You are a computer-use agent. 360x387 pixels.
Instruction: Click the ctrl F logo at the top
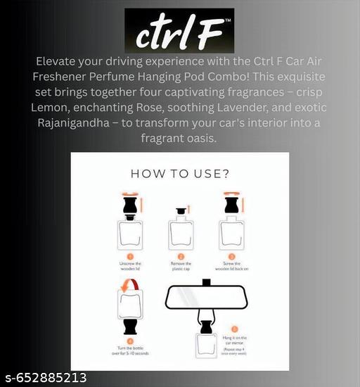coord(179,31)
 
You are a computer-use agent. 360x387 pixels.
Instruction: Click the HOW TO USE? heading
coord(180,173)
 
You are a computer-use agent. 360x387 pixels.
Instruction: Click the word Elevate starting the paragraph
coord(59,61)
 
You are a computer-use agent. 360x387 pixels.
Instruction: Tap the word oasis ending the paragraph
coord(210,139)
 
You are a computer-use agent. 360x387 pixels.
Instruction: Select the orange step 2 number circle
coord(180,256)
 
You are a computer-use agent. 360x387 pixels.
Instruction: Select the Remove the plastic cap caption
coord(180,268)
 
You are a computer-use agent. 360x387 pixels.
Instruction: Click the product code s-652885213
coord(45,378)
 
